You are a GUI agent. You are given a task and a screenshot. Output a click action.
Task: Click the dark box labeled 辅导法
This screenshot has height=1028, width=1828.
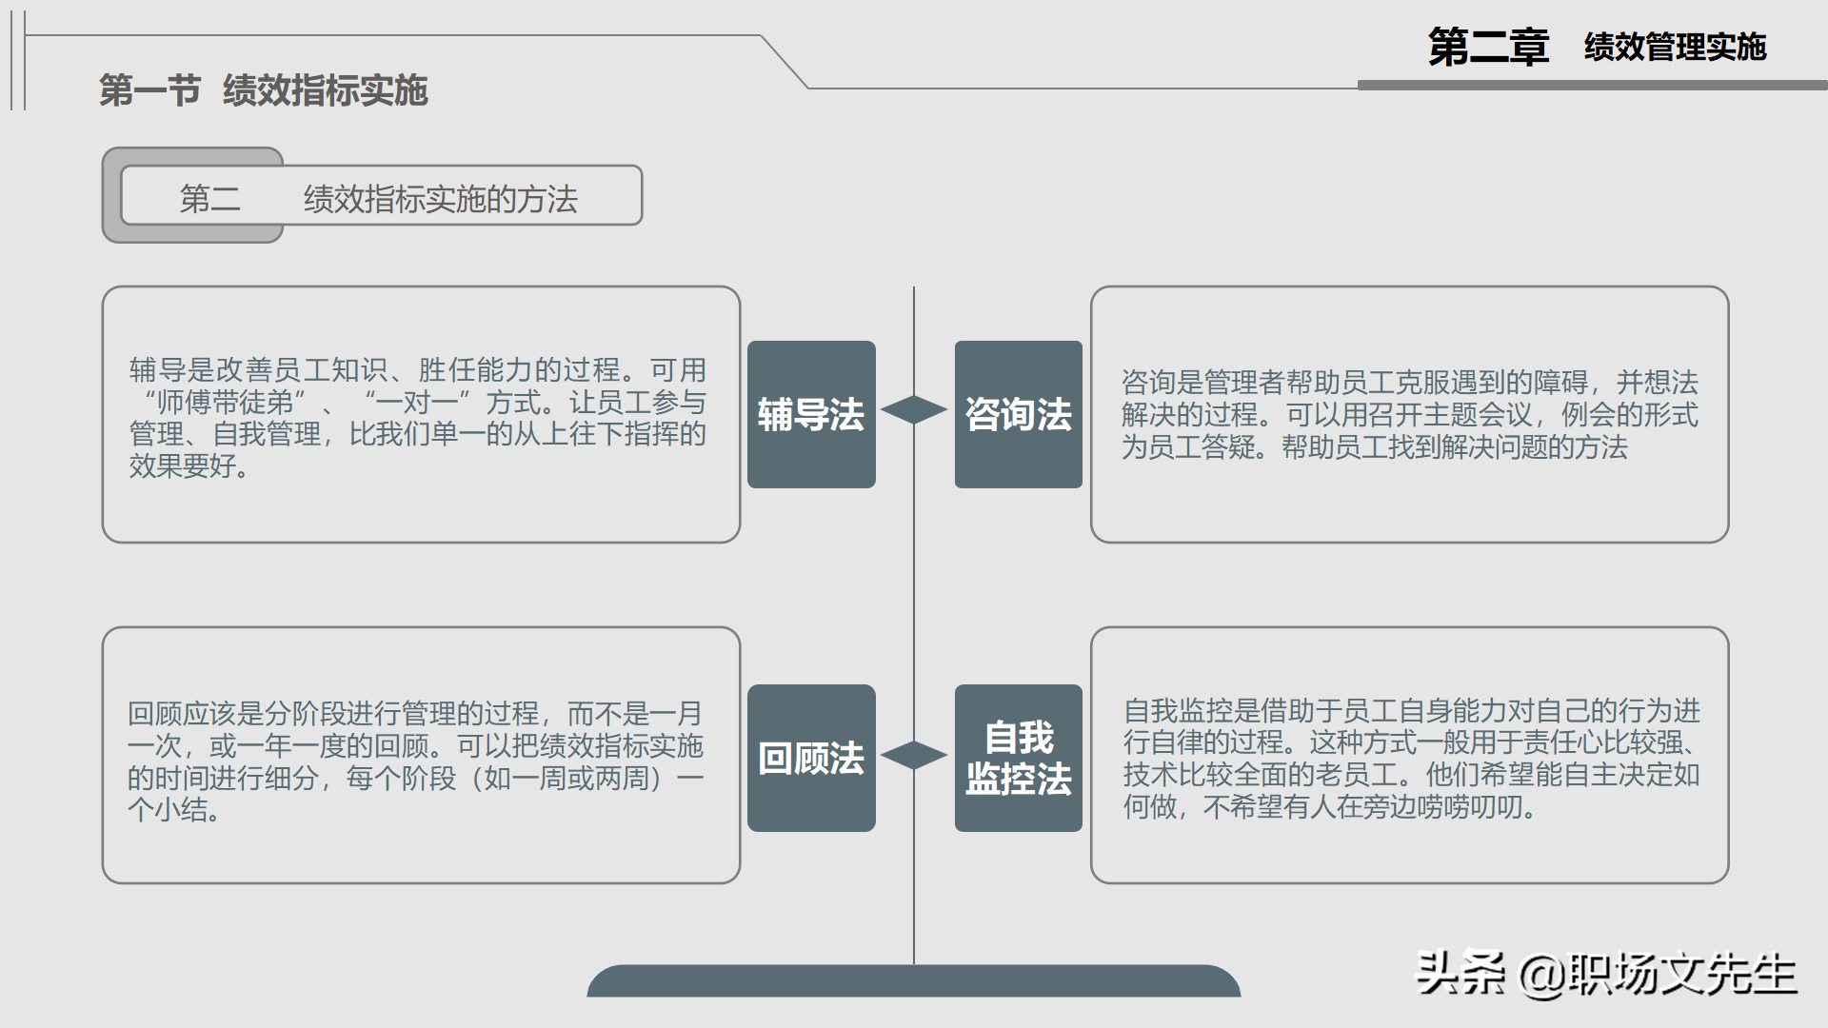pyautogui.click(x=811, y=414)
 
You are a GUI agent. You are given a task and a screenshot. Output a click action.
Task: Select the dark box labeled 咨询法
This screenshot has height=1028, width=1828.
pyautogui.click(x=1018, y=414)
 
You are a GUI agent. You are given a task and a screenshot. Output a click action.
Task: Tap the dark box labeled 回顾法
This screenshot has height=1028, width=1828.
pyautogui.click(x=811, y=758)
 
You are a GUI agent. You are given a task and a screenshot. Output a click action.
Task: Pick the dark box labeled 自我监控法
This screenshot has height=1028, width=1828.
pyautogui.click(x=1018, y=758)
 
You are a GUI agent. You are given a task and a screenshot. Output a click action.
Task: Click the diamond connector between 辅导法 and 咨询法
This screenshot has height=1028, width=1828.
pyautogui.click(x=914, y=409)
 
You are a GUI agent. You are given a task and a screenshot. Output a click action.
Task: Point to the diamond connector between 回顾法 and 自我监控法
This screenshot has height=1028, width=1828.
pyautogui.click(x=914, y=755)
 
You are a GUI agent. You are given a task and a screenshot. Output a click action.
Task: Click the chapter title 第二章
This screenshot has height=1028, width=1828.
pyautogui.click(x=1487, y=47)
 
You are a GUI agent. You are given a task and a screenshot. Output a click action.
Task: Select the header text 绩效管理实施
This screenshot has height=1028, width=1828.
pyautogui.click(x=1675, y=47)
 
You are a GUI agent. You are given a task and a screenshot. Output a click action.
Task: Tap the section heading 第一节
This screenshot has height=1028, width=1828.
pyautogui.click(x=149, y=90)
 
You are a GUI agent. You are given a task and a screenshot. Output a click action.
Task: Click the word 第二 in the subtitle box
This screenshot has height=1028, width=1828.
pyautogui.click(x=209, y=199)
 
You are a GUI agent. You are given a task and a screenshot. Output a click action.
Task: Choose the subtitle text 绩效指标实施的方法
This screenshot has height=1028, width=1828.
pyautogui.click(x=440, y=199)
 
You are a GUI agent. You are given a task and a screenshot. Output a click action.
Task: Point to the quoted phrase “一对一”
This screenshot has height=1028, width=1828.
pyautogui.click(x=417, y=403)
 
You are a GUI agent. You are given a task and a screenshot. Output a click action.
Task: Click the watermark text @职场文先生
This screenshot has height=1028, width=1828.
pyautogui.click(x=1658, y=974)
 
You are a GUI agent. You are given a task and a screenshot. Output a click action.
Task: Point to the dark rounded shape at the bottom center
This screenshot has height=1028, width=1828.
pyautogui.click(x=914, y=982)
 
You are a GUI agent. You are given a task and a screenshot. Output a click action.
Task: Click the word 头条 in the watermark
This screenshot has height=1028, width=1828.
pyautogui.click(x=1460, y=974)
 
